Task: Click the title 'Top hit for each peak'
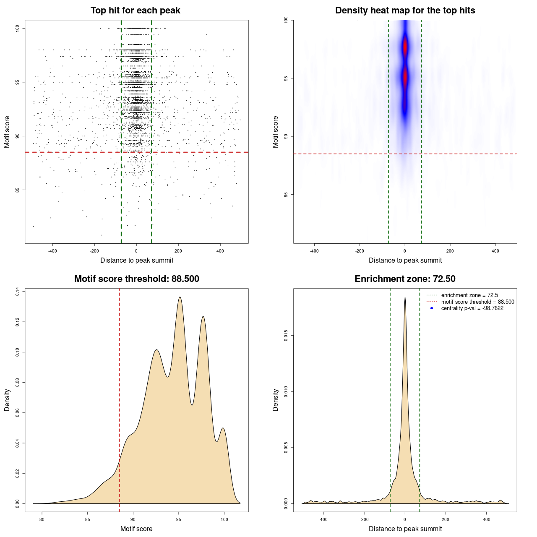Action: [x=135, y=10]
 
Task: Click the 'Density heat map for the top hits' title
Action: [x=405, y=10]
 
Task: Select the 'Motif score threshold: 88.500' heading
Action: [x=136, y=279]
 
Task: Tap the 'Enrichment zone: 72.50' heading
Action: [x=405, y=279]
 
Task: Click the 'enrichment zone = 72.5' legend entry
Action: [x=469, y=295]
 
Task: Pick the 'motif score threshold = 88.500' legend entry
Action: [x=477, y=302]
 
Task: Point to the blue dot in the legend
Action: [x=432, y=308]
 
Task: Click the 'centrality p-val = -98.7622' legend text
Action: [x=472, y=308]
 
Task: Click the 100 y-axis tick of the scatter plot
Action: [x=18, y=28]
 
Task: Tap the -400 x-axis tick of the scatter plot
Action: [x=52, y=251]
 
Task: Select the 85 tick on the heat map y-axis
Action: [x=286, y=194]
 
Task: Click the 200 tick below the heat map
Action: [x=450, y=251]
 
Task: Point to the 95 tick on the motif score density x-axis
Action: [x=179, y=520]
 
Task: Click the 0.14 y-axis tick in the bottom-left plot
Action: [x=18, y=292]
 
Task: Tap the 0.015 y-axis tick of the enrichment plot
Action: [x=286, y=336]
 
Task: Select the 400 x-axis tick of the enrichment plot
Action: [x=486, y=520]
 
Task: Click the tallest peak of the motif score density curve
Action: [x=180, y=297]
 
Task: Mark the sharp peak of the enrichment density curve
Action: [x=405, y=297]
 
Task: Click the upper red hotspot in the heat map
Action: [x=405, y=47]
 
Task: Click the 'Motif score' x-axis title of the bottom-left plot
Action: [x=136, y=529]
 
